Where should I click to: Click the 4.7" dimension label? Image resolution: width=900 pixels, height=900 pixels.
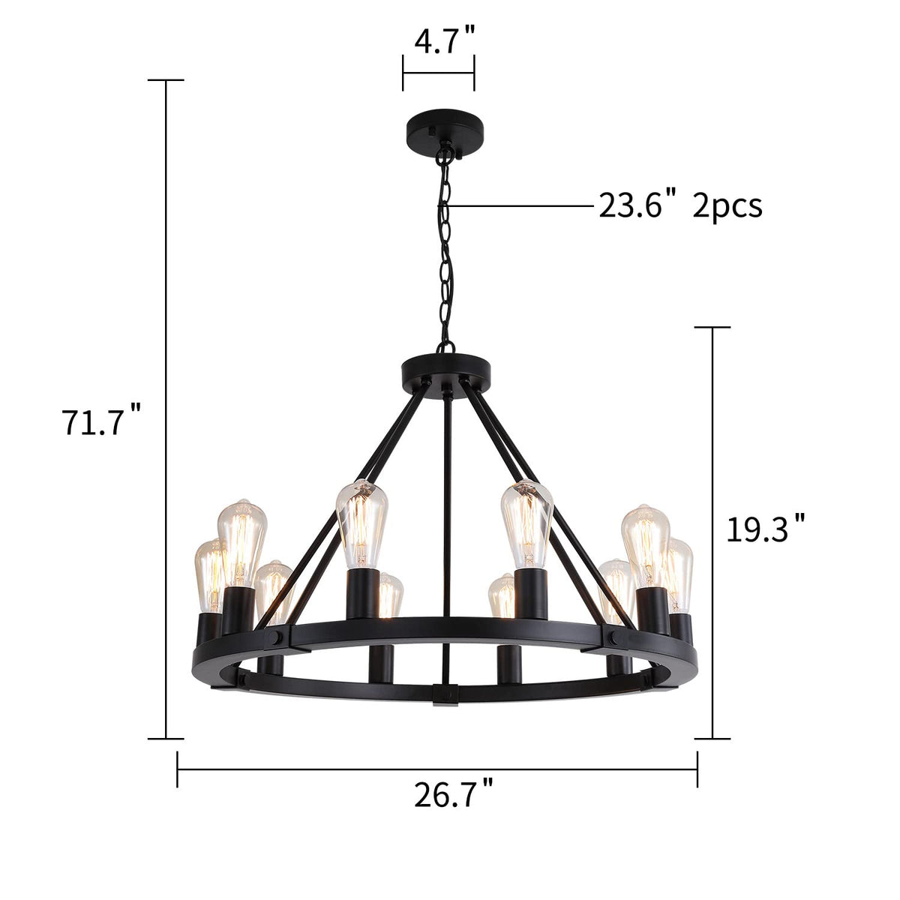click(x=444, y=40)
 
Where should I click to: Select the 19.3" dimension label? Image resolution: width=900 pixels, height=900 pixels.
click(x=766, y=529)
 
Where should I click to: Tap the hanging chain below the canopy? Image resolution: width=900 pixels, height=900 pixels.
click(x=445, y=251)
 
